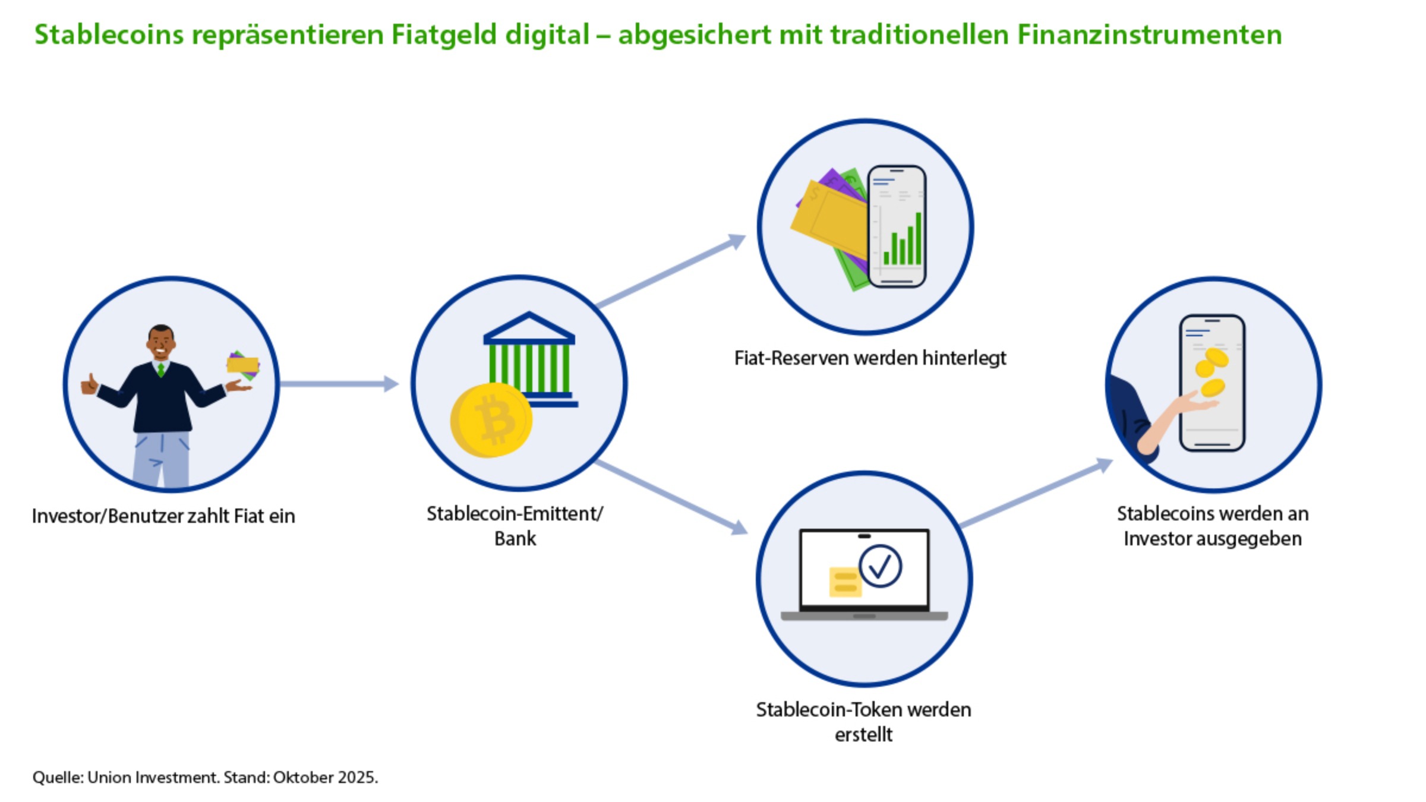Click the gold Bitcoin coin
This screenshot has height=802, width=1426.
tap(491, 420)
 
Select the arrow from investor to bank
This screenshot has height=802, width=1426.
tap(339, 384)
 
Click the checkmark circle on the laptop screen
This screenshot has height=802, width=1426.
tap(880, 566)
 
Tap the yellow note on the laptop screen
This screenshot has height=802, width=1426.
tap(844, 582)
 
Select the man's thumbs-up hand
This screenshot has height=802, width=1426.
tap(89, 384)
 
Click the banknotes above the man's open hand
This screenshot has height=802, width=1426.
tap(243, 364)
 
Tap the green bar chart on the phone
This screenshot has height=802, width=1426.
tap(903, 241)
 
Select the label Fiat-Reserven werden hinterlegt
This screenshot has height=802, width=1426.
tap(870, 358)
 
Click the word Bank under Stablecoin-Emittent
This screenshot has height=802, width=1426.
tap(515, 539)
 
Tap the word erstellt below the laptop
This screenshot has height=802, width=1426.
tap(863, 735)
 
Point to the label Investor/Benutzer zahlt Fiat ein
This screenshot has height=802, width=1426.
tap(163, 516)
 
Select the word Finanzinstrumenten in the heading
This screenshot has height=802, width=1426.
tap(1149, 34)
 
